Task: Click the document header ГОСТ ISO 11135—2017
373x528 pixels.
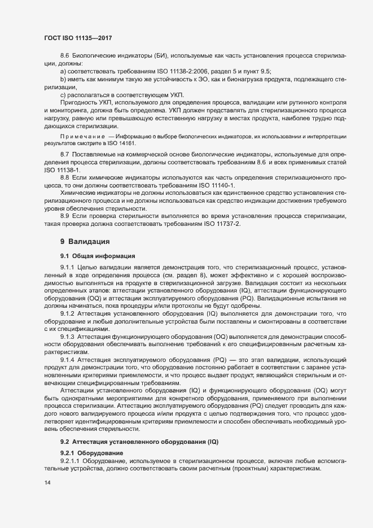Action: [x=77, y=37]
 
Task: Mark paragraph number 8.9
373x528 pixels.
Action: [x=64, y=216]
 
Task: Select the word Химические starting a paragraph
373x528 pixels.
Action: [x=78, y=193]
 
